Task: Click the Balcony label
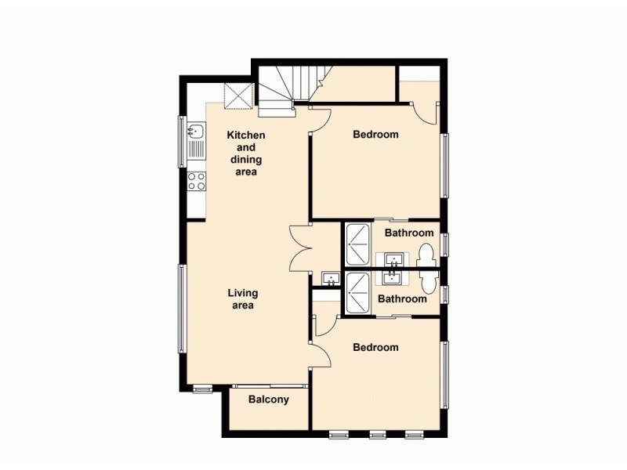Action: coord(269,399)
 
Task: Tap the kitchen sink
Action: coord(195,133)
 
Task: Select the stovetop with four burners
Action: coord(196,182)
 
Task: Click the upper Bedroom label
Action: coord(375,135)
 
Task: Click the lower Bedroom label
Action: coord(375,348)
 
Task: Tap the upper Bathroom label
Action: coord(408,233)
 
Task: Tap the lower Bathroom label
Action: coord(402,299)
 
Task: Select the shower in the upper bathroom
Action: coord(358,244)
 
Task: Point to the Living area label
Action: coord(243,299)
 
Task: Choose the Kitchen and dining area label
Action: coord(246,154)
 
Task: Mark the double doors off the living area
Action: coord(302,247)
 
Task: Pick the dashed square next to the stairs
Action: coord(238,96)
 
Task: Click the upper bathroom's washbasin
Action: coord(393,258)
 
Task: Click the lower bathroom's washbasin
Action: coord(393,277)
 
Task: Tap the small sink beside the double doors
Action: coord(330,278)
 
